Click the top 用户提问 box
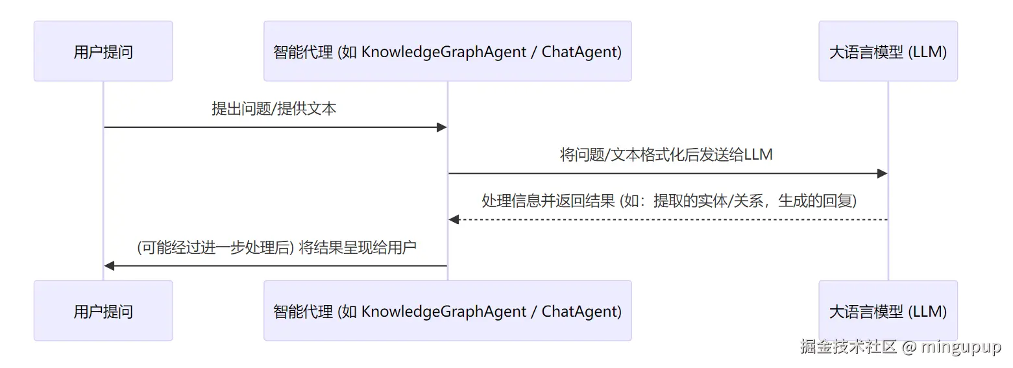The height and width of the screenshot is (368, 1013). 103,51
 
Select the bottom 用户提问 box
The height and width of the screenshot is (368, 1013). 103,311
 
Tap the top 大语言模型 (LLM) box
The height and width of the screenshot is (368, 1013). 888,51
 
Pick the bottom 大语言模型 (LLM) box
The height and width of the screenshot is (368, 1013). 888,311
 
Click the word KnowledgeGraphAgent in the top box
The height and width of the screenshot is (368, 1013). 444,53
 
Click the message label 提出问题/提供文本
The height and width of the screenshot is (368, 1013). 274,108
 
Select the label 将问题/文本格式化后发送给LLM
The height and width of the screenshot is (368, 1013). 666,154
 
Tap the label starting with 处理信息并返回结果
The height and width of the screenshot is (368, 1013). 669,201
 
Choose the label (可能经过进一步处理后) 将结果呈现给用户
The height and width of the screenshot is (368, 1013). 276,247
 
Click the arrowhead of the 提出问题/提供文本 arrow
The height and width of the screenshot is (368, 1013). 442,127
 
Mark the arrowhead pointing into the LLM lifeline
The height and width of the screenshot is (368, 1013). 883,173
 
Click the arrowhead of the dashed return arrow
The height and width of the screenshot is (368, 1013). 454,220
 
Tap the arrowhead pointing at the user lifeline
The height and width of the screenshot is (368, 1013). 109,266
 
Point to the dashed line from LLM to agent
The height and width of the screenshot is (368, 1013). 668,220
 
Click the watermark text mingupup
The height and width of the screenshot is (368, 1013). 961,347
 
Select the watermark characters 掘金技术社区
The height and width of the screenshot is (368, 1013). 848,347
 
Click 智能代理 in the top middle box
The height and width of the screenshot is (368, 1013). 303,52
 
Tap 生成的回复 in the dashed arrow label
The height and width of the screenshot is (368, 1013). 815,201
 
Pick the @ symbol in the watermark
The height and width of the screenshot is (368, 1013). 909,347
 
